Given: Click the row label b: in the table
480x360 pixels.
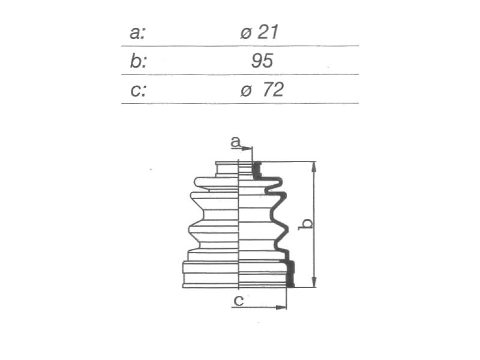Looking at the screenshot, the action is pos(138,61).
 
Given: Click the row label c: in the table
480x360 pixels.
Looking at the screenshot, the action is pos(138,90).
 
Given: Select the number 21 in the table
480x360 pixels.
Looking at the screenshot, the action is pos(268,32).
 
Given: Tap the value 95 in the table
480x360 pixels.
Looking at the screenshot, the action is pos(262,60).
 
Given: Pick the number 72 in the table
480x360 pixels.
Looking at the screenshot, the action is pos(273,90).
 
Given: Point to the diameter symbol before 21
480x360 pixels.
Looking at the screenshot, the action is pos(246,33).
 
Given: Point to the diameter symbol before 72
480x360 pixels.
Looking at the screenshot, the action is pos(246,91).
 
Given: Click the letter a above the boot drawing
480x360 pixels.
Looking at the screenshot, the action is pos(235,142).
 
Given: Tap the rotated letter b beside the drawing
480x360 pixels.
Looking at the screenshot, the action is pos(306,224).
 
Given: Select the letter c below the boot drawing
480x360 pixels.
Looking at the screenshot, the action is pos(239,300).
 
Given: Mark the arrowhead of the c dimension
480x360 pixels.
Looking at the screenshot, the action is pos(281,307).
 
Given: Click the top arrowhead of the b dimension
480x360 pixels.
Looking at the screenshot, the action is pos(314,167).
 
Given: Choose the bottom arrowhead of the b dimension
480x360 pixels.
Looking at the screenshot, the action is pos(314,282).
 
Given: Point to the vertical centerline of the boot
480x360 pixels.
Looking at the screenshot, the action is pos(239,224).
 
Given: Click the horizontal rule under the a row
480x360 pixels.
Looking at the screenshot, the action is pos(240,46).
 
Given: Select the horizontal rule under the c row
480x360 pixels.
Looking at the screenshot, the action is pos(240,104).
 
